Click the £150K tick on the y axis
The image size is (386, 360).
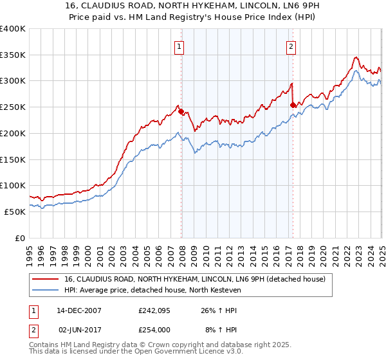click(x=13, y=159)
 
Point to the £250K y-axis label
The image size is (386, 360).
click(x=13, y=107)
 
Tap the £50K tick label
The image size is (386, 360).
click(x=15, y=212)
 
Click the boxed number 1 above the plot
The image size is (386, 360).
click(x=178, y=46)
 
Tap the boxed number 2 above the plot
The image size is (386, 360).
click(x=291, y=46)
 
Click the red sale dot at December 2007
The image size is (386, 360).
click(x=181, y=111)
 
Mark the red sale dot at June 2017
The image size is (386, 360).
click(x=293, y=105)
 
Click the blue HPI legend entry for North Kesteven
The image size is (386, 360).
click(x=161, y=290)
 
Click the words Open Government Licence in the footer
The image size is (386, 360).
click(x=179, y=352)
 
